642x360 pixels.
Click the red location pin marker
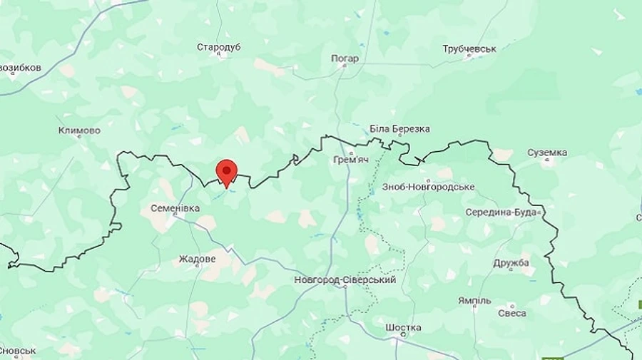point(227,172)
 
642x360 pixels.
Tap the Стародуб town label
point(219,47)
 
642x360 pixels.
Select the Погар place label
point(345,58)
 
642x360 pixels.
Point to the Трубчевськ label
point(469,48)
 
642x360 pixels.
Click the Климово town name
point(79,130)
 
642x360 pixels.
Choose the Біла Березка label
point(399,129)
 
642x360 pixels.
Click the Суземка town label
point(547,153)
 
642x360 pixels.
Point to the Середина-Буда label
point(502,212)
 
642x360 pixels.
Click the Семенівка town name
point(174,208)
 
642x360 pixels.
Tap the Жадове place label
point(197,259)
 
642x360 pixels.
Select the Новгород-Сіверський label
point(345,280)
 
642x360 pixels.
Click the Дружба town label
point(511,263)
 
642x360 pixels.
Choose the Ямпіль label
point(474,300)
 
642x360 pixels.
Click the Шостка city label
point(403,328)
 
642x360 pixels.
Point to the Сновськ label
point(18,351)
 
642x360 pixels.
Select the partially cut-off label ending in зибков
point(20,68)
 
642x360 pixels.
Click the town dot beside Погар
point(345,66)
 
